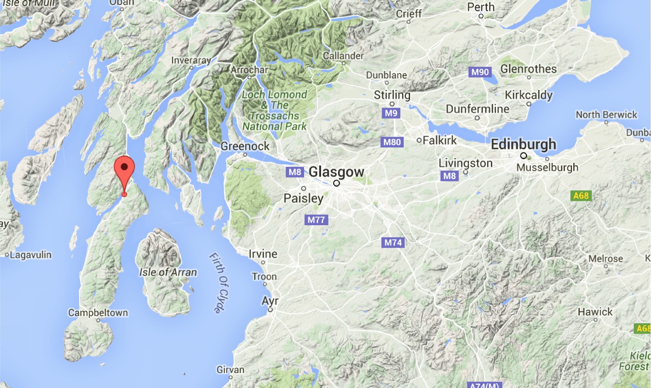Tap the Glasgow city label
click(336, 172)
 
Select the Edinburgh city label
click(523, 145)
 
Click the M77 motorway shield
click(316, 220)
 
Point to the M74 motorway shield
click(393, 243)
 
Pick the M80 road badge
click(392, 142)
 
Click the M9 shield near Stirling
click(391, 113)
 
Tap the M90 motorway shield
click(480, 72)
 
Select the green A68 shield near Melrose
click(581, 195)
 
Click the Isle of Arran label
click(168, 272)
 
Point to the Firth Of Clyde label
click(219, 283)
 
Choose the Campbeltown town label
click(98, 313)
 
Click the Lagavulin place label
click(31, 255)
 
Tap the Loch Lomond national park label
click(275, 110)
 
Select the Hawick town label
click(595, 312)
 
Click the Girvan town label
click(230, 370)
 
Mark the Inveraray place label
click(191, 60)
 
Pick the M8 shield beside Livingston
click(449, 176)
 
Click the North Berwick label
click(606, 115)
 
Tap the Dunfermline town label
click(477, 109)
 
